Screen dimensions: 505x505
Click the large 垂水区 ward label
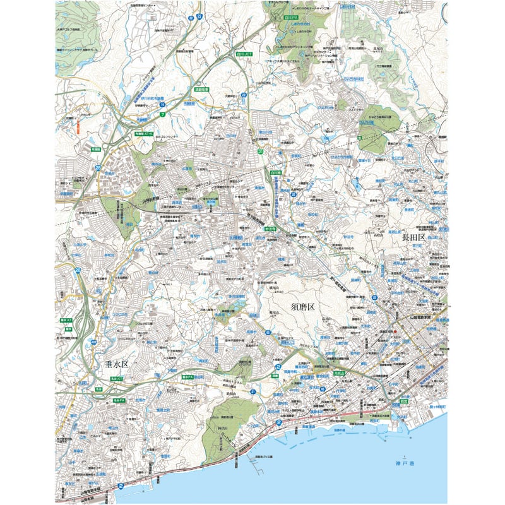[x=115, y=364]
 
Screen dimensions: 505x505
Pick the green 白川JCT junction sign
[x=244, y=54]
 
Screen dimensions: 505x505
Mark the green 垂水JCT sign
[x=66, y=321]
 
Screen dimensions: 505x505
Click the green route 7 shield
[x=162, y=114]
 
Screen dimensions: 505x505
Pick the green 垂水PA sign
[x=187, y=377]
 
